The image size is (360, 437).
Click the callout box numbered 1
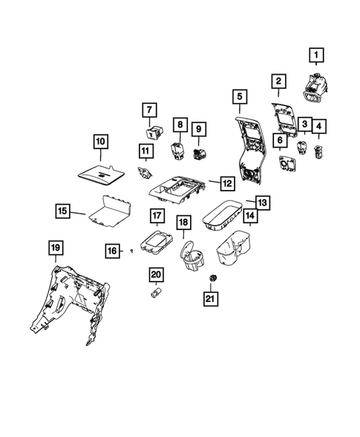[x=316, y=55]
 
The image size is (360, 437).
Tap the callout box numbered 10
[x=100, y=140]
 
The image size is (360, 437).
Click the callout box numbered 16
[x=111, y=252]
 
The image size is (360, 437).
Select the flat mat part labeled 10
[x=102, y=174]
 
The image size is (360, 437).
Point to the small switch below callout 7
[x=154, y=134]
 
